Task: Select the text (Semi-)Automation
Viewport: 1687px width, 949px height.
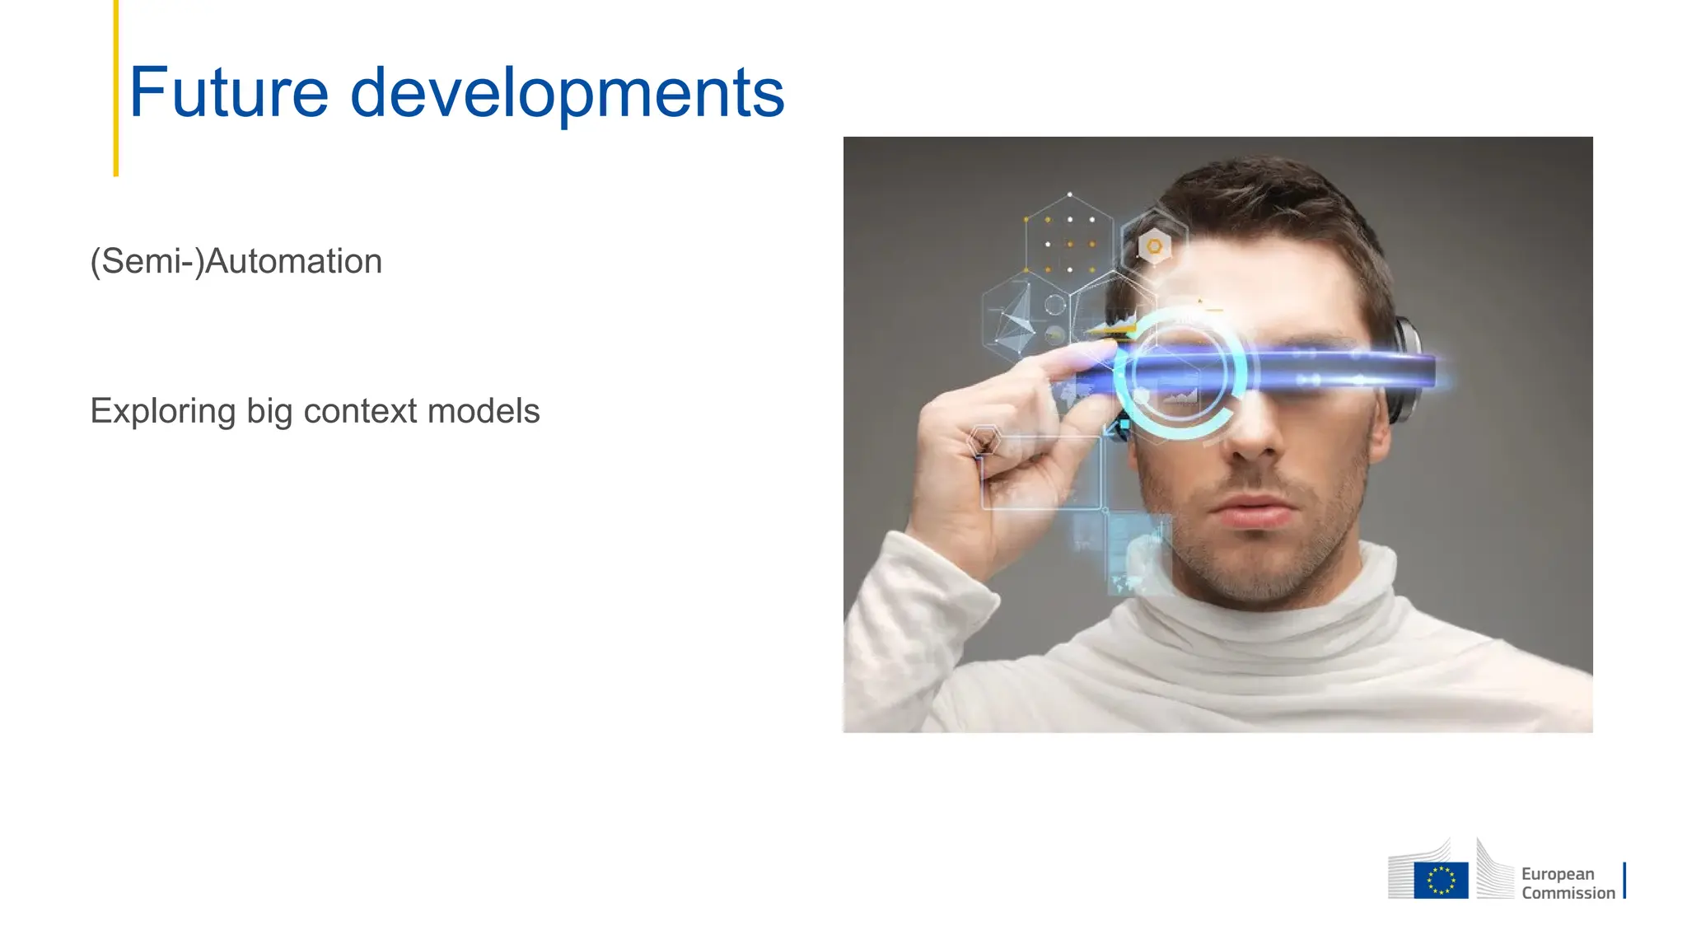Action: click(x=236, y=262)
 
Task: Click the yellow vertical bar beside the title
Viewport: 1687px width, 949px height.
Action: click(x=116, y=87)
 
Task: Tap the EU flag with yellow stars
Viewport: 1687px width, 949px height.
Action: click(x=1441, y=880)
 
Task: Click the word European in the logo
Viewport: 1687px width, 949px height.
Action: click(x=1558, y=874)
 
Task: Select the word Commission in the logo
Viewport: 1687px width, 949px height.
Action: click(x=1568, y=893)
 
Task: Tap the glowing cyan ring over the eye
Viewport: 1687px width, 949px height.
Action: click(x=1180, y=376)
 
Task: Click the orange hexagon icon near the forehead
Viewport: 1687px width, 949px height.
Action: click(x=1154, y=246)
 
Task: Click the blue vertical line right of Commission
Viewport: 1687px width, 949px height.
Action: click(x=1624, y=881)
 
